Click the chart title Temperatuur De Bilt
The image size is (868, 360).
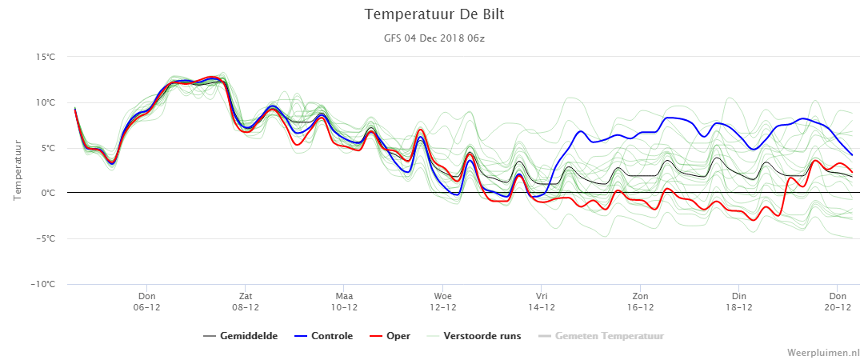[x=434, y=14]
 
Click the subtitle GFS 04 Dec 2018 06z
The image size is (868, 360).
[x=434, y=38]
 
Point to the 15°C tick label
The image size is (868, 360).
[x=46, y=57]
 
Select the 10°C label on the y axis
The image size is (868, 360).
[x=46, y=102]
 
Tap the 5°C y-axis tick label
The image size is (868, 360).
[x=48, y=148]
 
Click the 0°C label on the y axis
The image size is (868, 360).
[x=48, y=194]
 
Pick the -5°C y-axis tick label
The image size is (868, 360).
[x=46, y=238]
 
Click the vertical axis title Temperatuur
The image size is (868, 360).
[x=17, y=170]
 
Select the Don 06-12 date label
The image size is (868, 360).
[x=146, y=302]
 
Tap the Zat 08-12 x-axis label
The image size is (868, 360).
[x=246, y=302]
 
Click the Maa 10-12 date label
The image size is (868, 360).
[x=344, y=302]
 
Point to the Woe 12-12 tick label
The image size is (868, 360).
[x=442, y=302]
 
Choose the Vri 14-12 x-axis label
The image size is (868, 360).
[x=541, y=302]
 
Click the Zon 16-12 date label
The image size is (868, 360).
[x=640, y=302]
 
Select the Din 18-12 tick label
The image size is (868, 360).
[x=738, y=302]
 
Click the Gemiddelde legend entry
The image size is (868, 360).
[x=241, y=336]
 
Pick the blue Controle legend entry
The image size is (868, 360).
[x=323, y=336]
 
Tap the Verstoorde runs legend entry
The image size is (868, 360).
[x=474, y=336]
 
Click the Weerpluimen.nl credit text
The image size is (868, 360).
[x=824, y=352]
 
